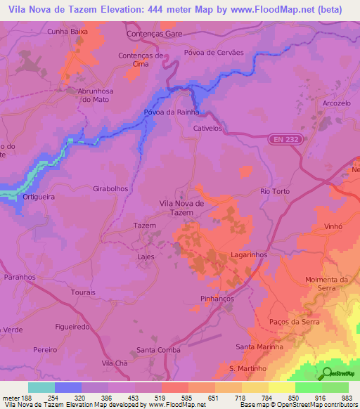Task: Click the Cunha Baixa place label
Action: tap(66, 31)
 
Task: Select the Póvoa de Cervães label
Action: tap(213, 53)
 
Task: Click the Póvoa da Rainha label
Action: tap(172, 112)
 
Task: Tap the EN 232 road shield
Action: tap(282, 141)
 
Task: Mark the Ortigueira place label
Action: tap(39, 197)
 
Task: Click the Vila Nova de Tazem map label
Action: tap(182, 207)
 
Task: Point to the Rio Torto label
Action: tap(275, 191)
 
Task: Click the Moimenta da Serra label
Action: tap(327, 284)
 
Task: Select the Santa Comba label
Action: tap(158, 349)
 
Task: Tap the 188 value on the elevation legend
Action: tap(28, 398)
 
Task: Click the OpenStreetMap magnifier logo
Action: tap(325, 372)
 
